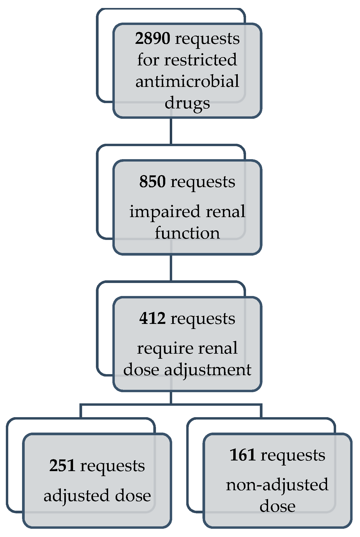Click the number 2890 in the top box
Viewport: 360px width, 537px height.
(x=153, y=38)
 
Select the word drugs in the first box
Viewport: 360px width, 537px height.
(x=187, y=103)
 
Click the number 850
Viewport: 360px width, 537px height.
(x=153, y=182)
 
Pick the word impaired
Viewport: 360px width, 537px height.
(x=165, y=212)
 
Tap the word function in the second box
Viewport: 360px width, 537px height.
(x=187, y=233)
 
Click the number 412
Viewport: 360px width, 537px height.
(x=153, y=318)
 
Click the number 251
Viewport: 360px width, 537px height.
(x=62, y=466)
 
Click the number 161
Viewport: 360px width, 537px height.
(x=243, y=455)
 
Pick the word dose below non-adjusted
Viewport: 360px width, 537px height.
(x=277, y=506)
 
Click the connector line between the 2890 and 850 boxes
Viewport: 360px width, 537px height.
(x=171, y=131)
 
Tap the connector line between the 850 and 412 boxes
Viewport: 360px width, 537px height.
(x=171, y=268)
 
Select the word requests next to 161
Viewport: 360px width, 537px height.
(x=293, y=455)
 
